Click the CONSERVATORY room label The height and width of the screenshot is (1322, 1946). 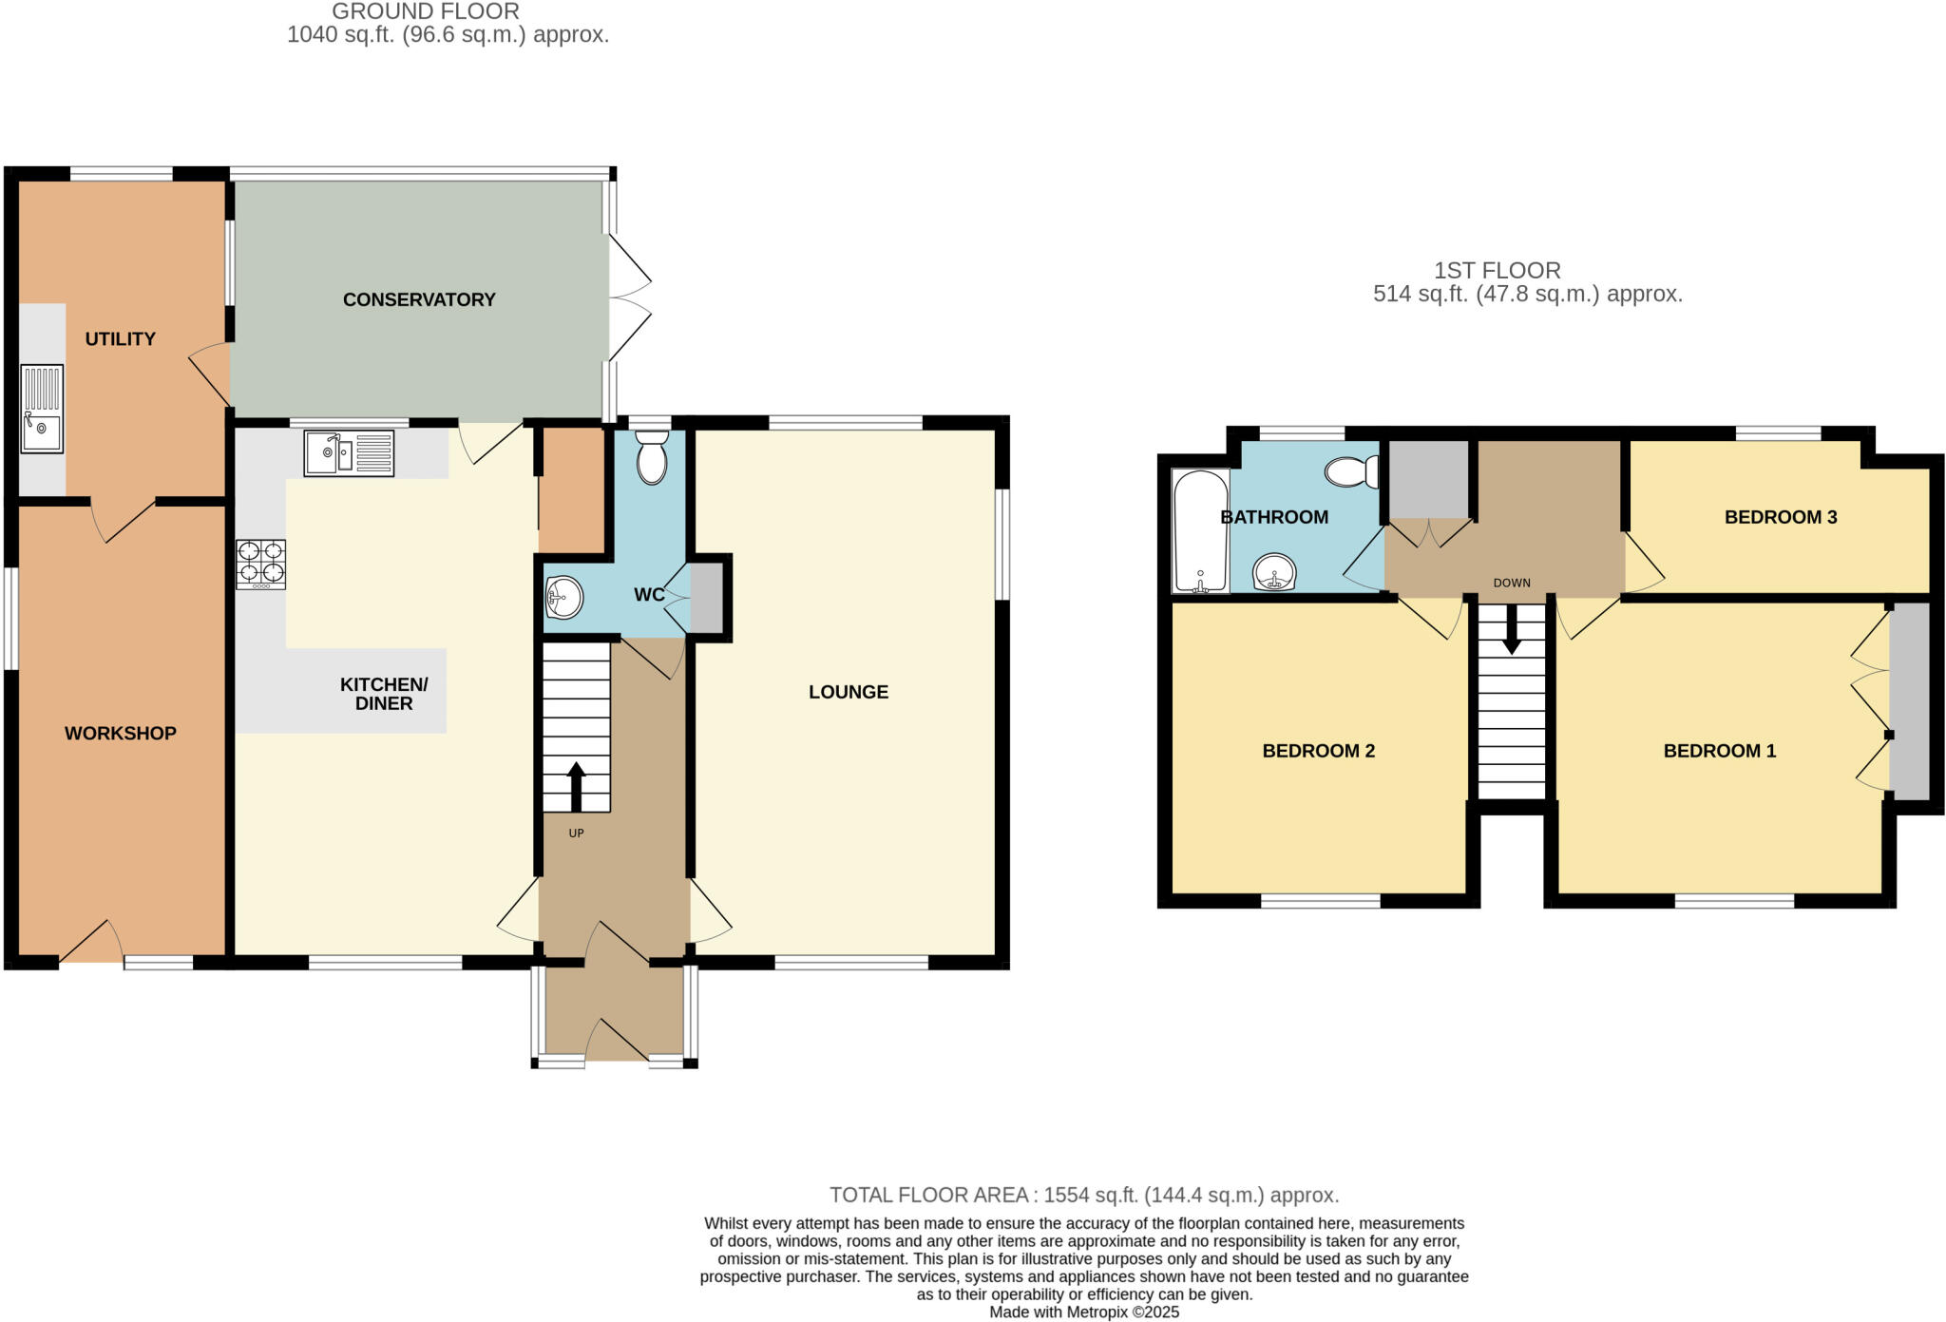(419, 299)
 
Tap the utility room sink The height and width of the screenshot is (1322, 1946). (42, 409)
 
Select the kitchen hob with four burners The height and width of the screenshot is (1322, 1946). (260, 564)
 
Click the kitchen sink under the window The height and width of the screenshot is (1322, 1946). (349, 453)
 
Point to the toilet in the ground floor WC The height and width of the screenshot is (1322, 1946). (652, 458)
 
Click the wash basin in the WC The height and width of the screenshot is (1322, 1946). (563, 598)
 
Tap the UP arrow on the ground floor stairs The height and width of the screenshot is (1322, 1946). (576, 785)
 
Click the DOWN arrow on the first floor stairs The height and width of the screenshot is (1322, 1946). (1511, 630)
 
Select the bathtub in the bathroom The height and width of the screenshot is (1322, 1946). (1201, 530)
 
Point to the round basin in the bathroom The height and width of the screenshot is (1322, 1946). (1274, 572)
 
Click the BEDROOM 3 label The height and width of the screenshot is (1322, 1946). (1780, 517)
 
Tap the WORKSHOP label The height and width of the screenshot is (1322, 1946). (121, 733)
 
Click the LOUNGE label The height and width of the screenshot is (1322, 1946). (849, 692)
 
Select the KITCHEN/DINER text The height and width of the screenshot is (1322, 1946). (384, 694)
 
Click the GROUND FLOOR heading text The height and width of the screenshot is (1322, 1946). (426, 12)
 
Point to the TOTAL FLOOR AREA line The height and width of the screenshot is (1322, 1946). (1084, 1195)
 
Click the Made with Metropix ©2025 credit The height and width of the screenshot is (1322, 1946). (1084, 1312)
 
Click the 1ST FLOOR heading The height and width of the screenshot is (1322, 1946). (1498, 271)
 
